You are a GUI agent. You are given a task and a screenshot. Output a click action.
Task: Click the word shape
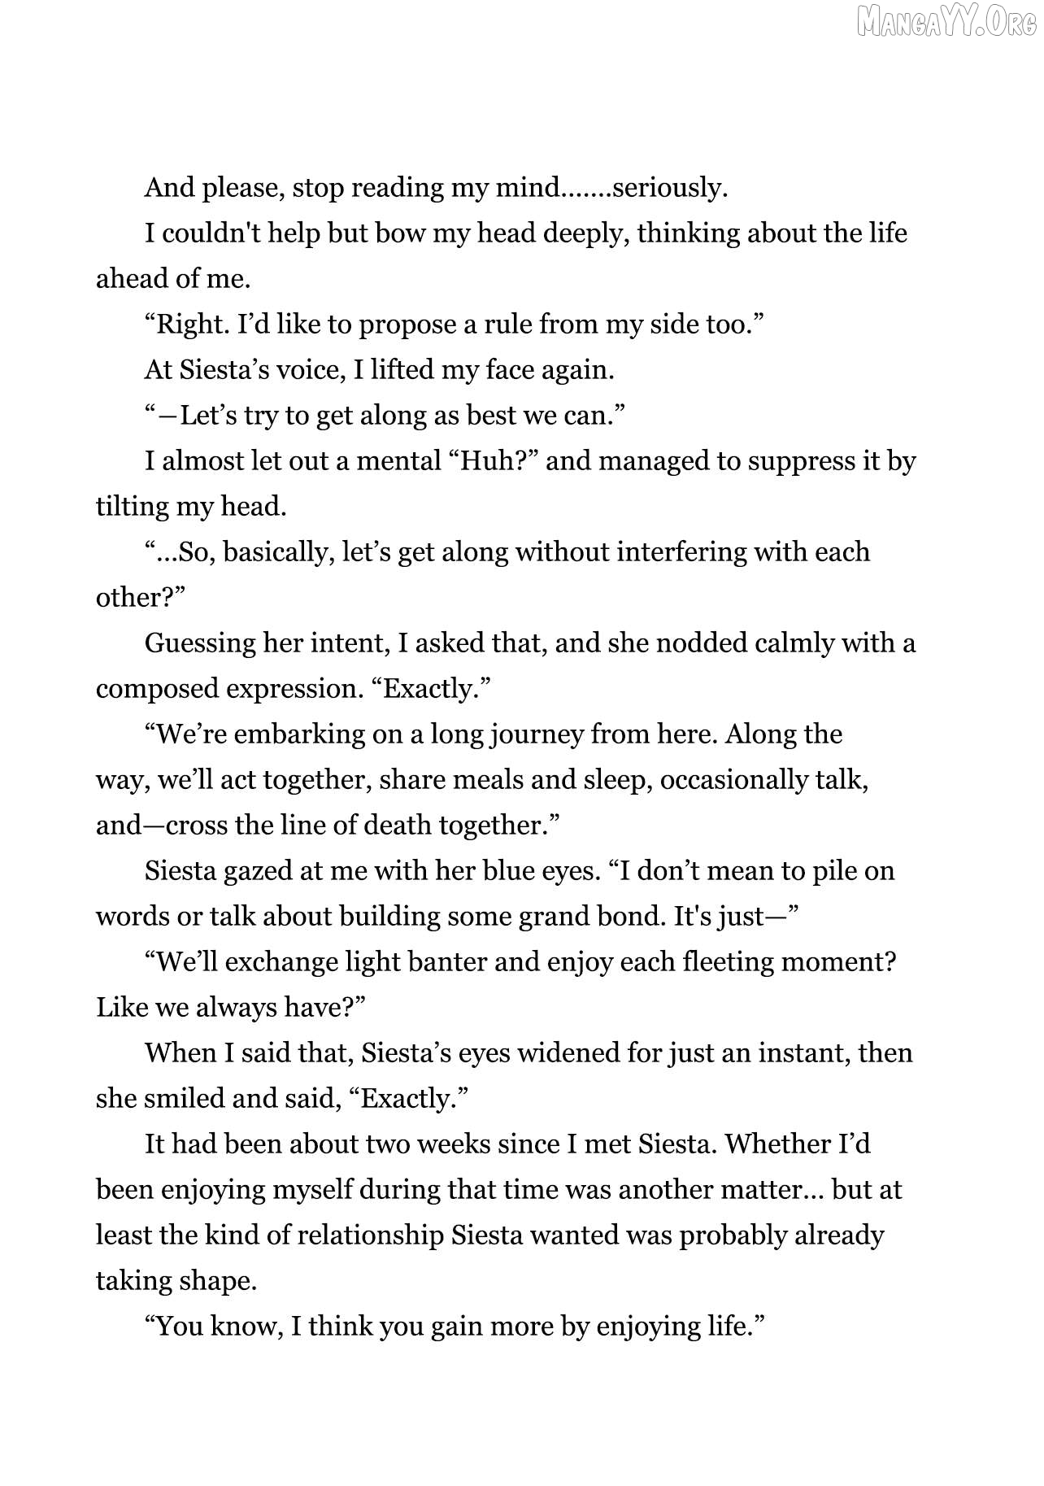[x=217, y=1281]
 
